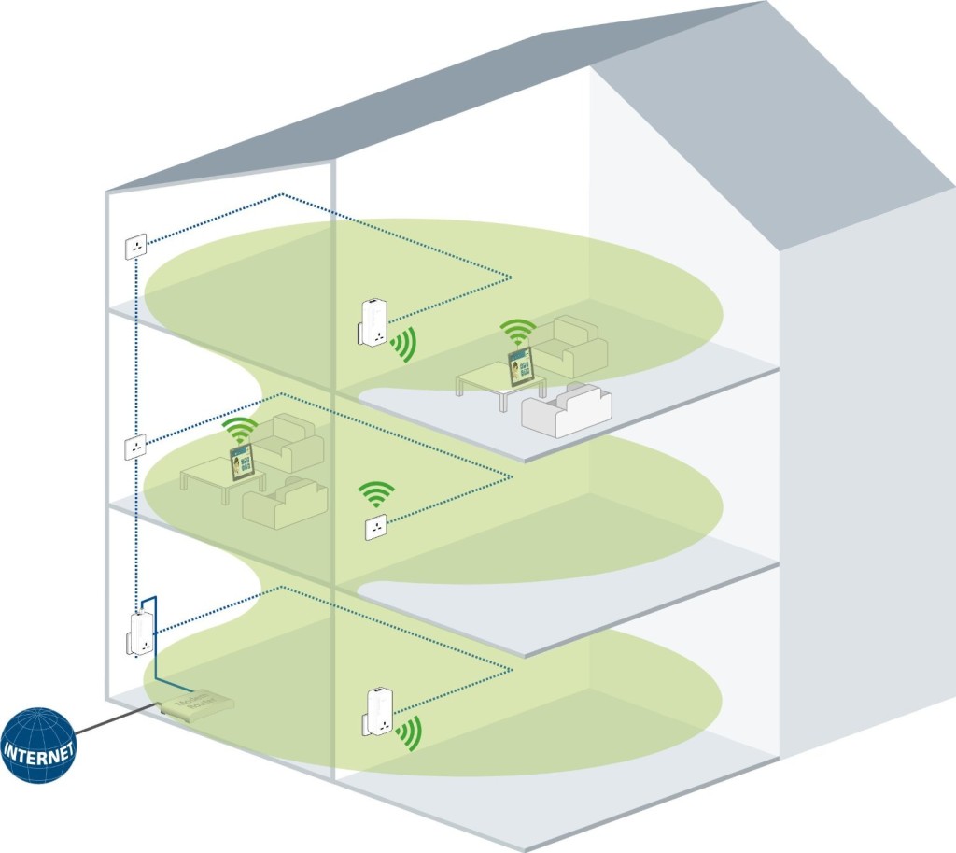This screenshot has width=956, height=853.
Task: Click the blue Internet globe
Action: pyautogui.click(x=37, y=745)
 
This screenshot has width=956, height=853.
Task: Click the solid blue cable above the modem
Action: pyautogui.click(x=154, y=645)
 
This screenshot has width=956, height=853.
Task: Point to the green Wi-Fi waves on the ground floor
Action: pyautogui.click(x=407, y=734)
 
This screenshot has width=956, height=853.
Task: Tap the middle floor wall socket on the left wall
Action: pyautogui.click(x=136, y=447)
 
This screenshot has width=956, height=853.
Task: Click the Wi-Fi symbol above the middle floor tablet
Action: pyautogui.click(x=241, y=429)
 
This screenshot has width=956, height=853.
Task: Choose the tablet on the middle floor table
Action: pyautogui.click(x=243, y=462)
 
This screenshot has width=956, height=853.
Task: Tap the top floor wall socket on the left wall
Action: pyautogui.click(x=136, y=248)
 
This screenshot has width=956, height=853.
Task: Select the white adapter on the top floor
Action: pyautogui.click(x=373, y=321)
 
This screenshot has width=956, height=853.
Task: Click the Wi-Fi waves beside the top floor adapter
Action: pyautogui.click(x=404, y=345)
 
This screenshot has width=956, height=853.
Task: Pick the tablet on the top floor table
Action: pyautogui.click(x=521, y=365)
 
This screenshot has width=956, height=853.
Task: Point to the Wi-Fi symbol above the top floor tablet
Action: pyautogui.click(x=517, y=331)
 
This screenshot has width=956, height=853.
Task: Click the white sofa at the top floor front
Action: pyautogui.click(x=566, y=410)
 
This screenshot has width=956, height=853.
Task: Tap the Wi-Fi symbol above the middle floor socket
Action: pyautogui.click(x=376, y=492)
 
